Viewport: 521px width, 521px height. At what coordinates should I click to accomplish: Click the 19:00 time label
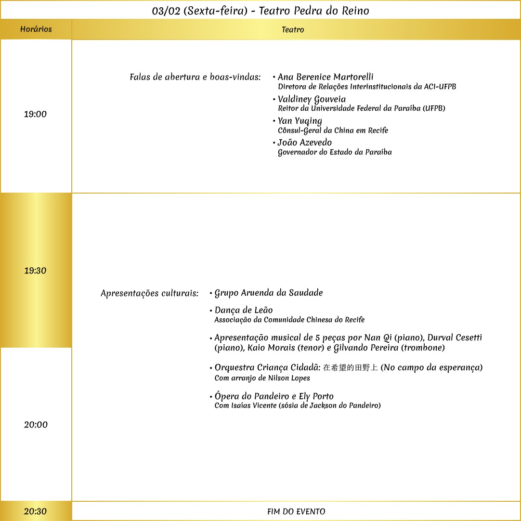pos(36,115)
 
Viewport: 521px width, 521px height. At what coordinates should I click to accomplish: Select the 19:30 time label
pos(36,271)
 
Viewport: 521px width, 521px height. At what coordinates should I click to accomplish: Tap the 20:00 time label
pos(36,425)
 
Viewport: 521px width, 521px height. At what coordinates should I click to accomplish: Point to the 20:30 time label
pos(36,511)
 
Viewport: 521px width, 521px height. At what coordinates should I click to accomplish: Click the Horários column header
pos(36,29)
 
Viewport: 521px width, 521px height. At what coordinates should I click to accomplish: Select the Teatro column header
pos(293,30)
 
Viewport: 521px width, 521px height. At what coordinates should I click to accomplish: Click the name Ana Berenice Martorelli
pos(326,77)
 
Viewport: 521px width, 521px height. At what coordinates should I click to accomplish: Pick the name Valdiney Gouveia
pos(312,99)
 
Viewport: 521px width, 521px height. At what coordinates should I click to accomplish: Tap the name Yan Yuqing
pos(300,121)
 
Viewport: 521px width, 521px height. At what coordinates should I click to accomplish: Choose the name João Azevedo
pos(305,143)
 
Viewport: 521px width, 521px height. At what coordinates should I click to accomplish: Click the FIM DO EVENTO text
pos(296,511)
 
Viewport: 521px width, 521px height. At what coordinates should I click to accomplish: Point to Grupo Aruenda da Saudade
pos(269,293)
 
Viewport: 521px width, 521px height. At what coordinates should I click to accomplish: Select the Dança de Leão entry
pos(244,310)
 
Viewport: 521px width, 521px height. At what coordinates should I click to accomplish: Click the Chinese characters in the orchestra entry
pos(350,368)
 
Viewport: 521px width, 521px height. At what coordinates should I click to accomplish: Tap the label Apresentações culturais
pos(149,293)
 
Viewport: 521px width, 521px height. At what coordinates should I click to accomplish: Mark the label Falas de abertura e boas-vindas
pos(195,77)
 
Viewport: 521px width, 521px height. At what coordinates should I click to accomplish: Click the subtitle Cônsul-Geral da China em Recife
pos(333,130)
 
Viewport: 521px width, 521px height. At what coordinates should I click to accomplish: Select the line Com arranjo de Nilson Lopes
pos(262,378)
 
